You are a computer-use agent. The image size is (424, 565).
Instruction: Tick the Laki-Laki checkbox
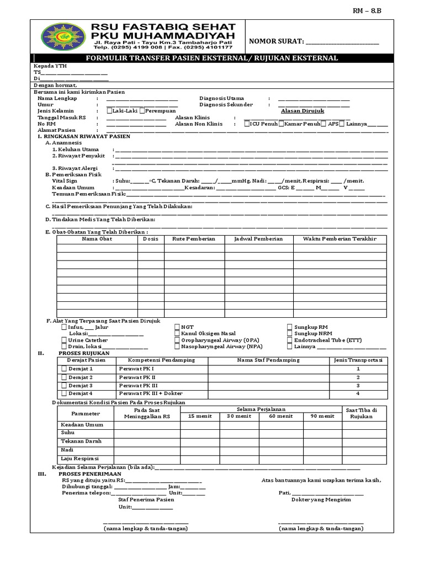(x=110, y=111)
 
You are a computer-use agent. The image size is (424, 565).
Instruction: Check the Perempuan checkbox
(x=142, y=111)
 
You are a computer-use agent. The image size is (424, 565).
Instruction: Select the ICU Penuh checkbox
(x=247, y=124)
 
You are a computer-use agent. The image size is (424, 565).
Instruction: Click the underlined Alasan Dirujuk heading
(x=302, y=111)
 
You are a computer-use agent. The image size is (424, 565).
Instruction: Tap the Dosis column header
(x=150, y=239)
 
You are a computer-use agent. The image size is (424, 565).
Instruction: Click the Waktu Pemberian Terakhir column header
(x=340, y=239)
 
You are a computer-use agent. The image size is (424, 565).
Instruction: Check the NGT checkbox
(x=177, y=327)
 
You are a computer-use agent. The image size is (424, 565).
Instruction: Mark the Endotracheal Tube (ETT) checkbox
(x=290, y=340)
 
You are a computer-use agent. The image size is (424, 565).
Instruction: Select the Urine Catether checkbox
(x=65, y=340)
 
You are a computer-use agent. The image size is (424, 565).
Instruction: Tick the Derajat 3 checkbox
(x=63, y=385)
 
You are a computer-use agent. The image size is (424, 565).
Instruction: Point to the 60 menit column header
(x=282, y=416)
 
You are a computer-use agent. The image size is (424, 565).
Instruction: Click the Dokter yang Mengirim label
(x=321, y=499)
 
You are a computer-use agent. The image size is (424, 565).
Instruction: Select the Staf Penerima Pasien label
(x=146, y=499)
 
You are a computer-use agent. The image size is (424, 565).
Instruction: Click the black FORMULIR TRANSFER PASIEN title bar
(x=213, y=58)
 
